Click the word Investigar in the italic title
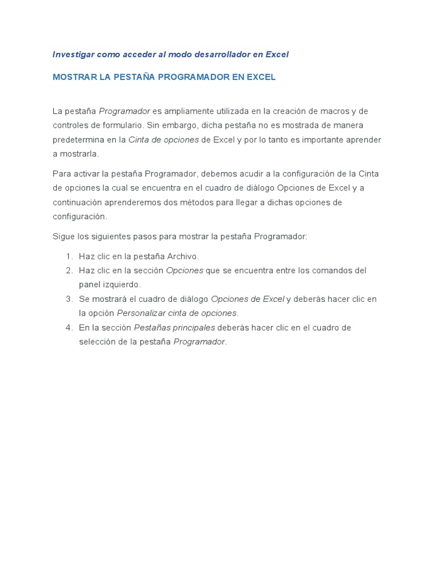click(x=73, y=54)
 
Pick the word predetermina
click(x=78, y=140)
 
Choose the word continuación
click(x=77, y=202)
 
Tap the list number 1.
click(x=69, y=256)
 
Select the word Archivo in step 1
click(x=183, y=256)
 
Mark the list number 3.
click(x=69, y=299)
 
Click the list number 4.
click(x=69, y=328)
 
